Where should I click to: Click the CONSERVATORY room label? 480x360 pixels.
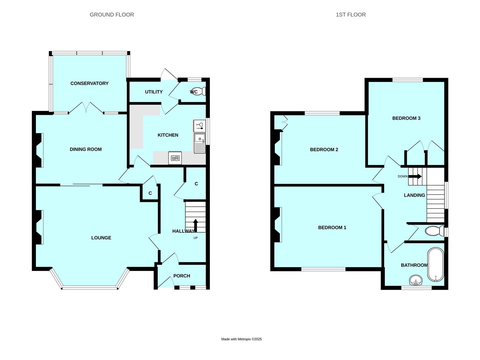pos(89,83)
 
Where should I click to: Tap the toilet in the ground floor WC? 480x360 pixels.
pos(201,91)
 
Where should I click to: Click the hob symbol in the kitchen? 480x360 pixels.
pos(175,158)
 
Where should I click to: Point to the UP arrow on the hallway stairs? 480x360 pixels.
pos(195,225)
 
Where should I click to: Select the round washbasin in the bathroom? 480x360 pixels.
pos(415,280)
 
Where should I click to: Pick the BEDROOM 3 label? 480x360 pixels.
pos(406,118)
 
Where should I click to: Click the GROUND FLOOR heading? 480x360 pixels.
pos(112,15)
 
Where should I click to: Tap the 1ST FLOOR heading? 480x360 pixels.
pos(350,15)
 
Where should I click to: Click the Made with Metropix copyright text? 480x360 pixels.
pos(241,339)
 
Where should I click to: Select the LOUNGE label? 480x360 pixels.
pos(101,238)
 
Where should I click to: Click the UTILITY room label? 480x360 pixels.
pos(154,92)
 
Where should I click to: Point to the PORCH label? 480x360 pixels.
pos(182,276)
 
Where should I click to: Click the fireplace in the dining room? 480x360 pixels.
pos(39,150)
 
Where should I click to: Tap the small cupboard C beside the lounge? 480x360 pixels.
pos(150,193)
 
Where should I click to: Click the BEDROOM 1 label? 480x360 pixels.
pos(332,228)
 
